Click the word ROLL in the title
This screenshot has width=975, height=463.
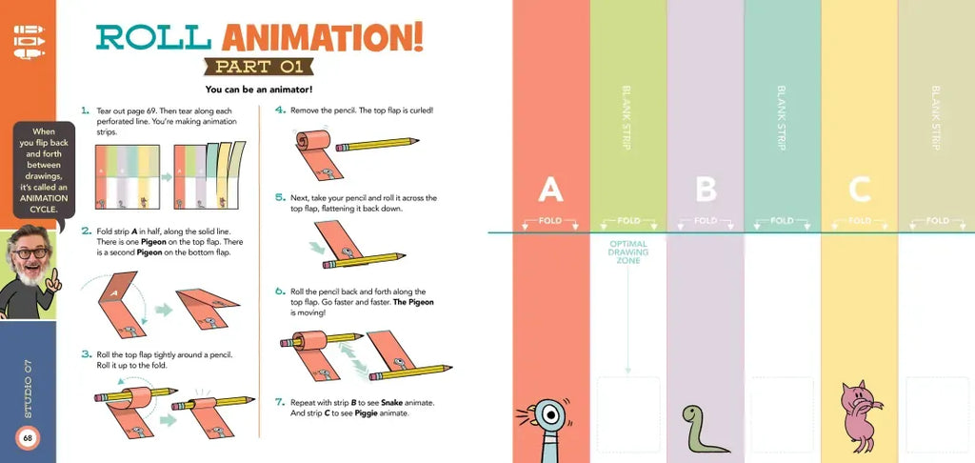(x=153, y=37)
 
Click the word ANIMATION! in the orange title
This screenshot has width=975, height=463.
(x=323, y=37)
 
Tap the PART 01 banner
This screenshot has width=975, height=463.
(x=259, y=67)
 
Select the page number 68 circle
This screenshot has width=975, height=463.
(x=28, y=437)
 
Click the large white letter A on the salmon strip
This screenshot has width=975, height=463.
(x=550, y=190)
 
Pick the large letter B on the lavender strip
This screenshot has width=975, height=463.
(x=706, y=190)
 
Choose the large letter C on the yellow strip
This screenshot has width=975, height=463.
(x=860, y=190)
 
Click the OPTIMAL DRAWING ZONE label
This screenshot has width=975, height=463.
(x=628, y=252)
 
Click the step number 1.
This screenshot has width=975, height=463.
(x=85, y=111)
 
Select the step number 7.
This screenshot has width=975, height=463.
(x=280, y=402)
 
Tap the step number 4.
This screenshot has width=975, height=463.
(x=280, y=111)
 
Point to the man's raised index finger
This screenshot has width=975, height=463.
(x=53, y=275)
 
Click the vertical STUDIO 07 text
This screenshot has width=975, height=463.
(x=28, y=389)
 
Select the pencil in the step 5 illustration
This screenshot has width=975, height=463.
(x=364, y=260)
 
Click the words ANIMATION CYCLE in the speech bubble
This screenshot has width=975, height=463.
(x=44, y=204)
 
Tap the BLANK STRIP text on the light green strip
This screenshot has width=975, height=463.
(x=627, y=117)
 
